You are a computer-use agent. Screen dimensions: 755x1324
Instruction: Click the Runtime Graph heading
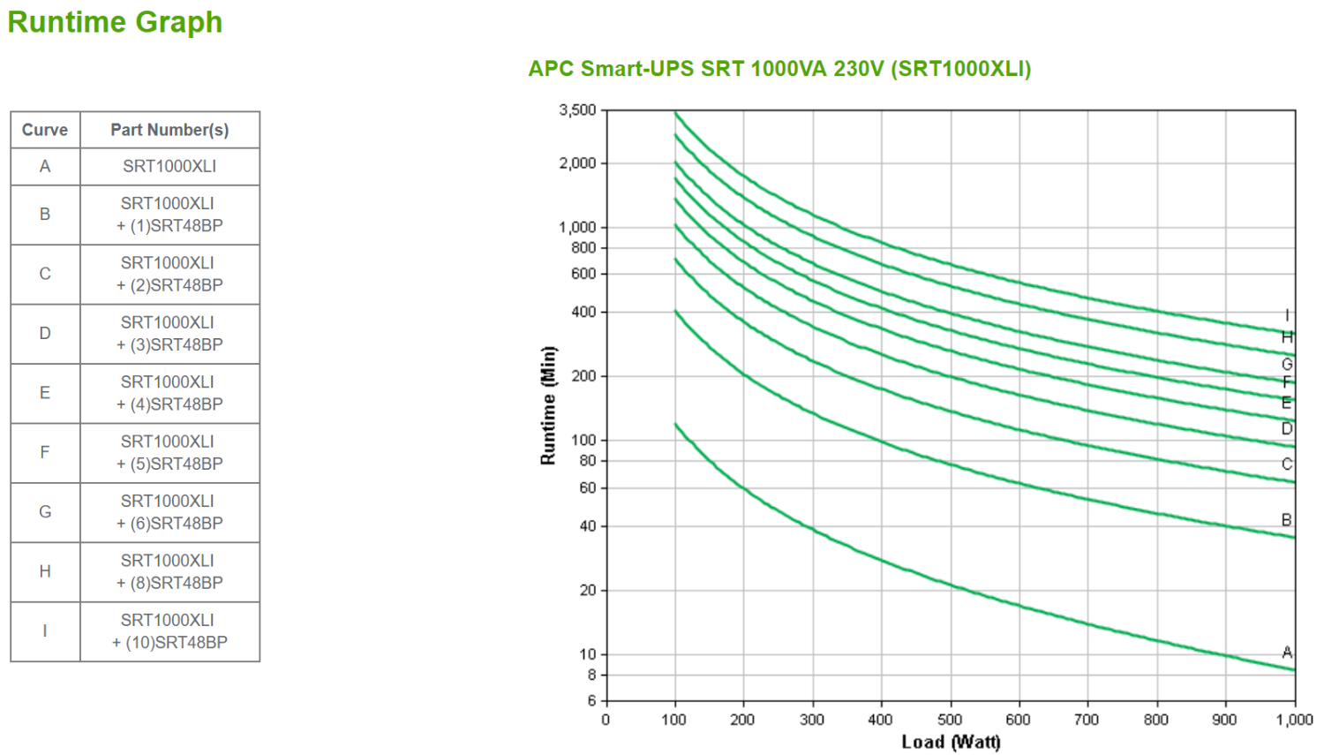click(115, 22)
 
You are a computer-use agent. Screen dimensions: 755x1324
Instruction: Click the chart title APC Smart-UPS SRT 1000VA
click(779, 69)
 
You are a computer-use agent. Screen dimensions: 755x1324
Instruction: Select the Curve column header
click(45, 130)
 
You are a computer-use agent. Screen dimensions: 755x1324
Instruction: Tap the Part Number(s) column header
click(169, 130)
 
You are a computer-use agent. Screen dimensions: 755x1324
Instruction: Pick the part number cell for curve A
click(169, 166)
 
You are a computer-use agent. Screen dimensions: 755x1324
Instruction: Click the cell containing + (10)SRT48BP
click(169, 631)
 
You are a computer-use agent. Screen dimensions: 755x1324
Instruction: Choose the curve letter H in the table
click(45, 571)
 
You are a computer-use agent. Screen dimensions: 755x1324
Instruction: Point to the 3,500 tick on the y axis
click(577, 110)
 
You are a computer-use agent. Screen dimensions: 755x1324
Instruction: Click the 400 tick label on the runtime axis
click(583, 312)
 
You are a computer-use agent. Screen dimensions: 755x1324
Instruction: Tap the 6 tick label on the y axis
click(592, 701)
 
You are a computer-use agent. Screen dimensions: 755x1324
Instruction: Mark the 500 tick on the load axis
click(950, 720)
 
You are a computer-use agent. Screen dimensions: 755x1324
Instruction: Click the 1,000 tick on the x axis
click(1294, 720)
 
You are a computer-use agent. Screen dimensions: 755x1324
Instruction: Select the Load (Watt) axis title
click(951, 742)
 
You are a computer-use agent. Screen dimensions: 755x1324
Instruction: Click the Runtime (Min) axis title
click(549, 405)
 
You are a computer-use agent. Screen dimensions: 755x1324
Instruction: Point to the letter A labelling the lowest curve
click(1287, 653)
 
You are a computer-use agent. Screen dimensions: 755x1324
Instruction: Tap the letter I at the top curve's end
click(1287, 315)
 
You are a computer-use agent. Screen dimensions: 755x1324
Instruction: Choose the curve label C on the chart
click(1287, 464)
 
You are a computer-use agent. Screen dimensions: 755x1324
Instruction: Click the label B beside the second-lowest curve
click(1287, 520)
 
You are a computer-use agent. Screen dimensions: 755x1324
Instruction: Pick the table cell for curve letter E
click(45, 393)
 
